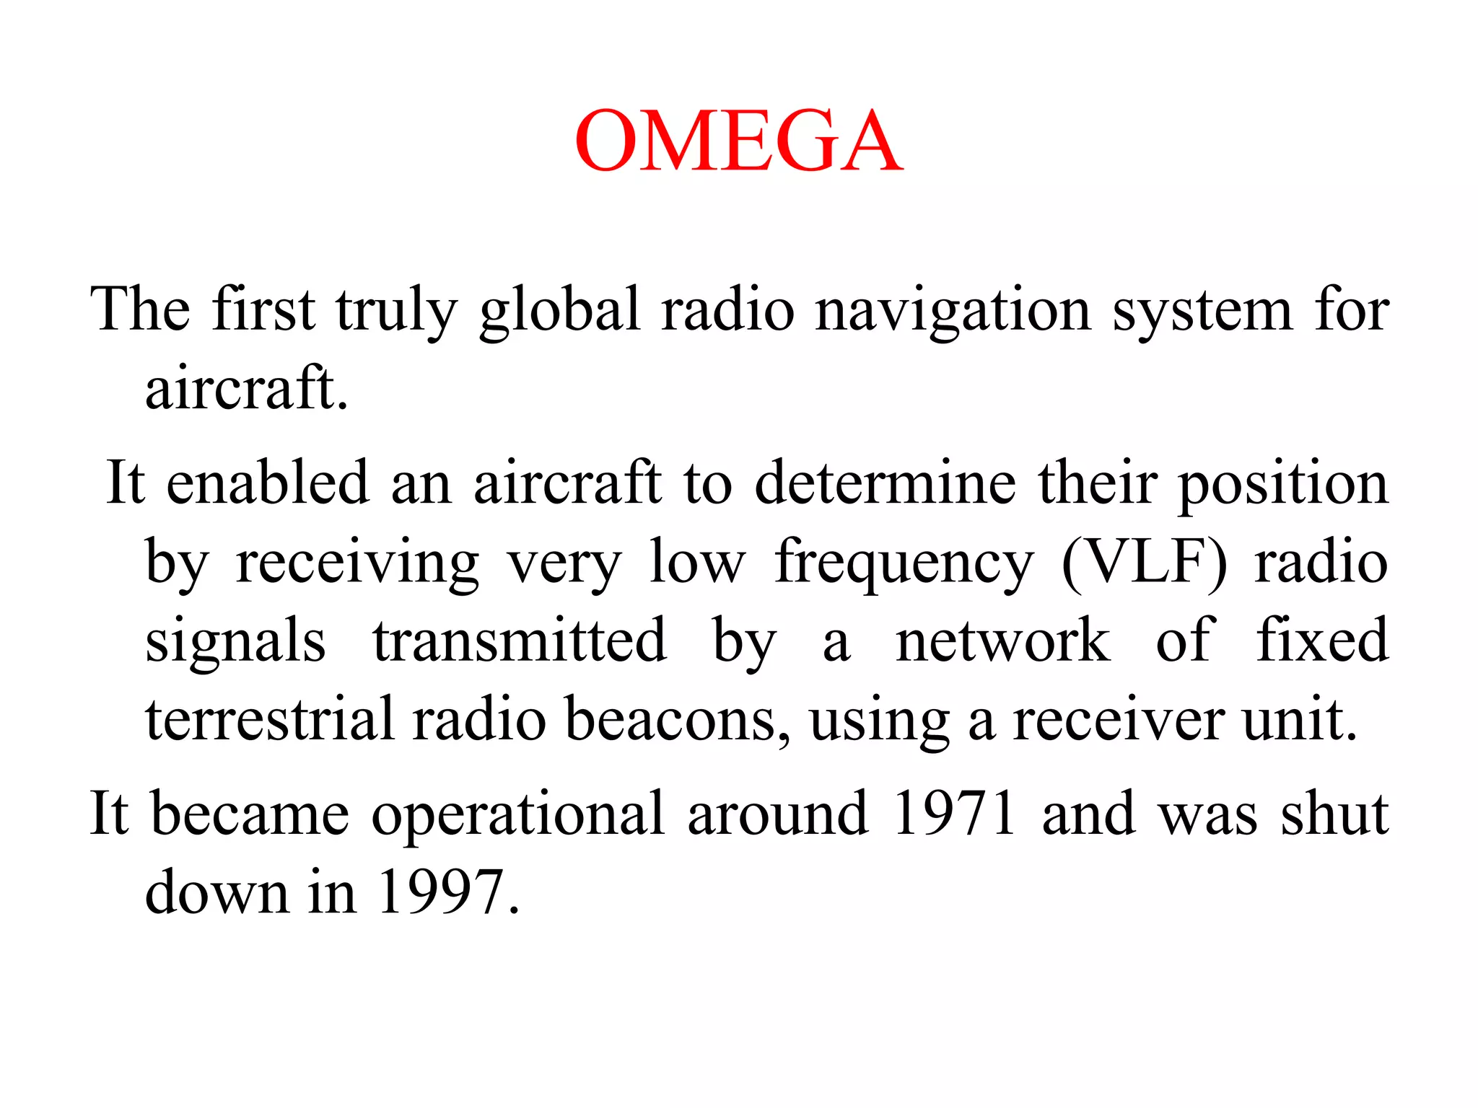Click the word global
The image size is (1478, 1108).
click(560, 310)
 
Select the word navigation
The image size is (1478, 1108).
click(953, 310)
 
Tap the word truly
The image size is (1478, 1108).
click(396, 310)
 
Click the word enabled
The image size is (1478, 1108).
click(268, 482)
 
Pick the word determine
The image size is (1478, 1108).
click(886, 482)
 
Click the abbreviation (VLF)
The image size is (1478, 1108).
click(1144, 563)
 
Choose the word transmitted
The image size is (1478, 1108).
click(519, 640)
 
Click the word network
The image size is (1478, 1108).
click(1002, 640)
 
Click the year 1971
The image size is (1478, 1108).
click(954, 814)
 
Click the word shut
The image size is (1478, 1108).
click(1334, 814)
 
